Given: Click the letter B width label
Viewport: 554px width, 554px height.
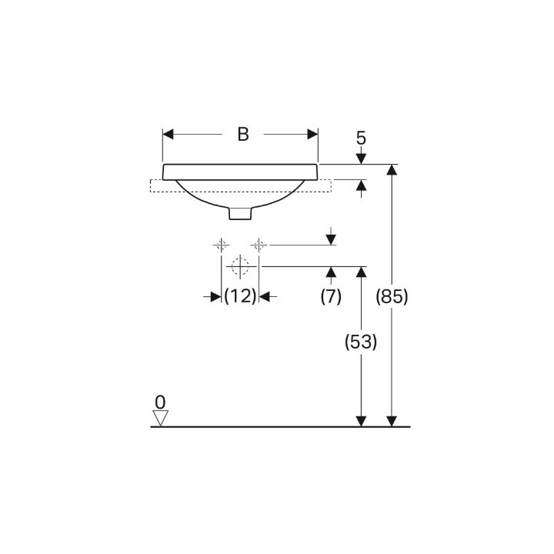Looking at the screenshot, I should click(x=242, y=134).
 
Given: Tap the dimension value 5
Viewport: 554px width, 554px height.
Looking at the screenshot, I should click(x=361, y=138).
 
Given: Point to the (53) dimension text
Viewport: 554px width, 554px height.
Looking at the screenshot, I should click(x=360, y=343).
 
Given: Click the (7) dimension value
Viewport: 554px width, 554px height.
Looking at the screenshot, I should click(x=331, y=295).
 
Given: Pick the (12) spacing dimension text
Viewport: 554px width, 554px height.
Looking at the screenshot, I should click(x=240, y=295).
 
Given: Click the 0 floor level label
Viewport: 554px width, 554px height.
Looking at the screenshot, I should click(x=160, y=402).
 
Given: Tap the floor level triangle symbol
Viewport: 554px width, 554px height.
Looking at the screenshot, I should click(x=160, y=418).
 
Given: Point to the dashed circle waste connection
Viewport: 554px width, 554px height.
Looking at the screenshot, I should click(x=240, y=266).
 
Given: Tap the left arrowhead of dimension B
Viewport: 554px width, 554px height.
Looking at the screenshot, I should click(x=169, y=134).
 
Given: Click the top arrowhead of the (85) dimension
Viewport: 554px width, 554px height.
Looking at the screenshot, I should click(x=392, y=170).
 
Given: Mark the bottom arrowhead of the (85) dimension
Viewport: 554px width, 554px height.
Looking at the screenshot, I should click(x=392, y=420).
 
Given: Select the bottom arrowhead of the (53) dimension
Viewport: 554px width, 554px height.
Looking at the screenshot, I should click(x=361, y=420).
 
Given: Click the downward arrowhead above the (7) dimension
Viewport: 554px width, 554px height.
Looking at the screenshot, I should click(x=331, y=239).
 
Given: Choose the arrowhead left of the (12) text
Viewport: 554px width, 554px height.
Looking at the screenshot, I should click(x=216, y=295).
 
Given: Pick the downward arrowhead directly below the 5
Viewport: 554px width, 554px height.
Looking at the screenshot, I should click(x=361, y=159).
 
